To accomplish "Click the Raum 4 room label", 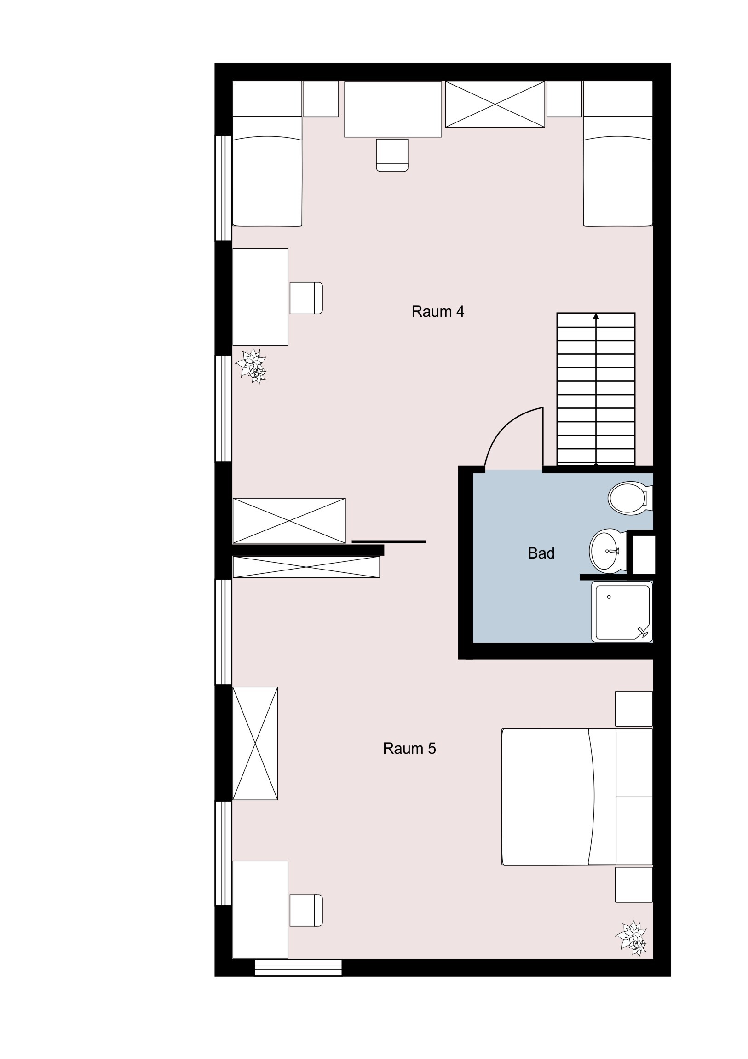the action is point(437,312).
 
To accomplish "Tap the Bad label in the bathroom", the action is point(541,553).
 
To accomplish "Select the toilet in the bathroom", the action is point(630,499).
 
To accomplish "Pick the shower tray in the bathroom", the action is point(622,611).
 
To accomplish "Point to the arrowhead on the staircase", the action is point(596,316).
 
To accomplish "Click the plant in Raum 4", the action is point(251,367).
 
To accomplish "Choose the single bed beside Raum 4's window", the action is point(267,154).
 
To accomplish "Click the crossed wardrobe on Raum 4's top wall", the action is point(495,104).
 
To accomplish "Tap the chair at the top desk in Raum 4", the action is point(392,156).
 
